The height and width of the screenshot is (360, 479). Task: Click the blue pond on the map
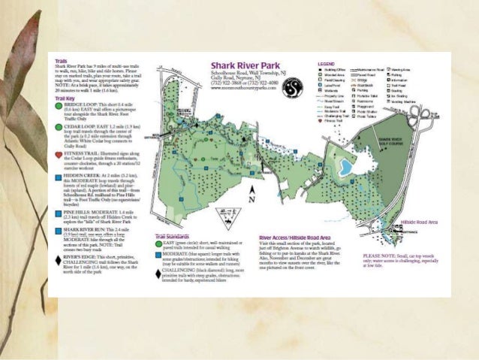(346, 166)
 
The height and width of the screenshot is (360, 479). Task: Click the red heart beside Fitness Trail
(59, 155)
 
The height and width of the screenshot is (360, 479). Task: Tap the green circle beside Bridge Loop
(59, 106)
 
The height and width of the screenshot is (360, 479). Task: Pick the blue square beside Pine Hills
(59, 213)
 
